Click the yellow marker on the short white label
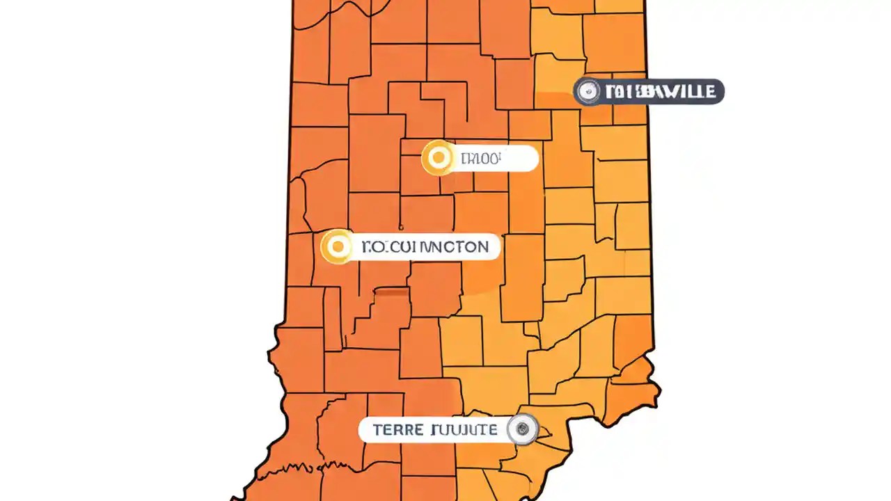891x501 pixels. click(x=439, y=159)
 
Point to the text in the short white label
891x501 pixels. click(x=480, y=159)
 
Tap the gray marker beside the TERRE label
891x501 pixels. click(x=522, y=429)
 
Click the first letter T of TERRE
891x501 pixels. click(x=377, y=430)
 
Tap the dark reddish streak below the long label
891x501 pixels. click(x=391, y=293)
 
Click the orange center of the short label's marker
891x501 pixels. click(x=439, y=159)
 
